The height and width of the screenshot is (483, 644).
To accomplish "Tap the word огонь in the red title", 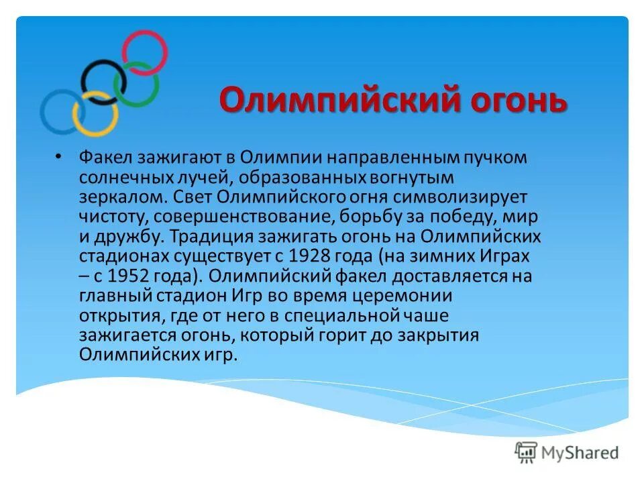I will [x=512, y=102].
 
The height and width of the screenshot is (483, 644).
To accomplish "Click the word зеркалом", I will [x=119, y=199].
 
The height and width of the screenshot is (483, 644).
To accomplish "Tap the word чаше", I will [x=423, y=315].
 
